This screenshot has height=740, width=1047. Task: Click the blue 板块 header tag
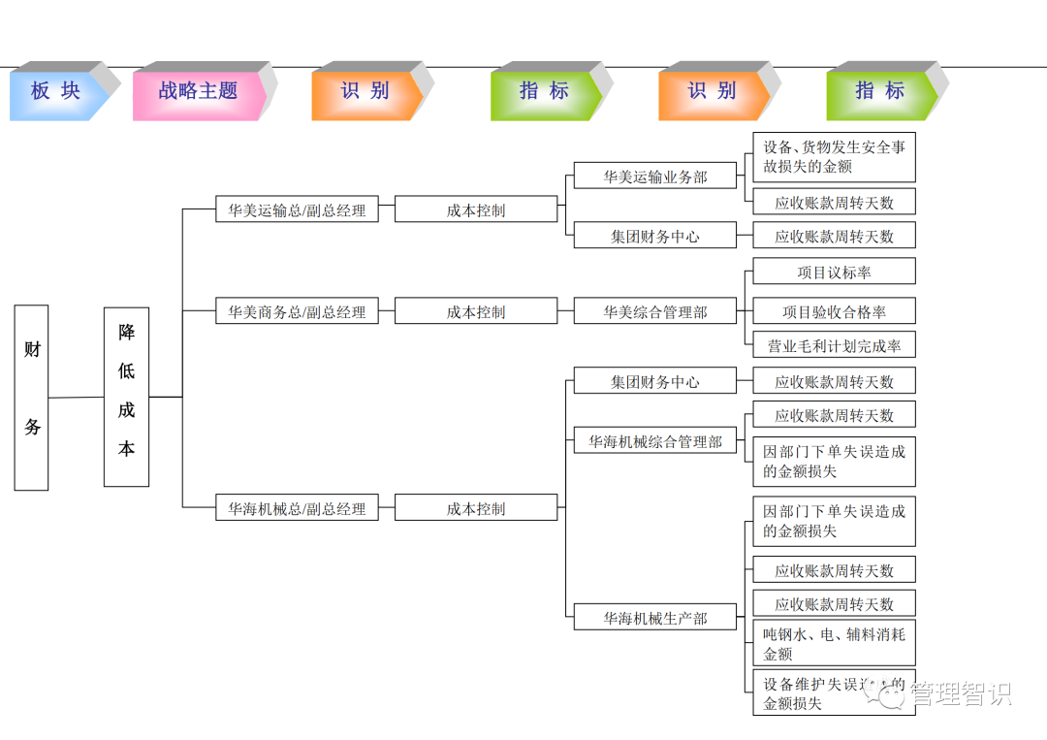[x=55, y=91]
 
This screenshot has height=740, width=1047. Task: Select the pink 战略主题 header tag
[x=198, y=91]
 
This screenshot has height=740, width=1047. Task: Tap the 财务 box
[x=32, y=398]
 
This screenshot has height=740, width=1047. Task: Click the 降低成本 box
[x=126, y=397]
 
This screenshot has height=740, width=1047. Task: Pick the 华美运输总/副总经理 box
[x=297, y=209]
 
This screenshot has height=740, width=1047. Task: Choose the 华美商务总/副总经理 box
[x=297, y=311]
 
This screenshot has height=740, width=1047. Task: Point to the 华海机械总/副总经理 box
[x=297, y=508]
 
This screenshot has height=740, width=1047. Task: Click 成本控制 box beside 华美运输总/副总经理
[x=476, y=209]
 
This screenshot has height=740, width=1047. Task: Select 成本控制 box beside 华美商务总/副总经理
[x=476, y=311]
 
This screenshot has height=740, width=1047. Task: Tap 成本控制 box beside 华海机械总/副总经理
[x=476, y=508]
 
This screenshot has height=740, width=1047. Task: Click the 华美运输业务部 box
[x=655, y=177]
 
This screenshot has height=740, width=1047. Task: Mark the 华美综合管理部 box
[x=655, y=311]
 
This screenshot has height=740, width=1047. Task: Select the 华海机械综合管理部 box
[x=655, y=441]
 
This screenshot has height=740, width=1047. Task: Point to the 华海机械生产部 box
[x=655, y=618]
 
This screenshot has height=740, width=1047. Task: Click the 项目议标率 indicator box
[x=834, y=273]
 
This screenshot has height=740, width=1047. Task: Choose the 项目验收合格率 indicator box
[x=834, y=311]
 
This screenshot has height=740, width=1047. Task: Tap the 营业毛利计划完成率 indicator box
[x=834, y=344]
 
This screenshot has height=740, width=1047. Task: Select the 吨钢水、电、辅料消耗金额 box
[x=834, y=643]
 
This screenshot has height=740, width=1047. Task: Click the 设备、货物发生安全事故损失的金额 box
[x=834, y=157]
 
